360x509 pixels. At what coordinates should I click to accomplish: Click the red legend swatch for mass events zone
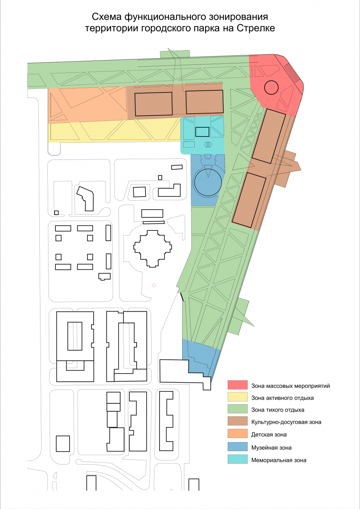tap(238, 385)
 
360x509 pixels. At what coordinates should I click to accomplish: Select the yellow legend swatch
tap(238, 397)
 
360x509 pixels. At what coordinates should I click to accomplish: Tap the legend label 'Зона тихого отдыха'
tap(278, 410)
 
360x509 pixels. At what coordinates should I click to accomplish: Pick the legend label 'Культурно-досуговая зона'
tap(286, 422)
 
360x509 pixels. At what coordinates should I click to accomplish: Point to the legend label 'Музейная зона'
tap(271, 448)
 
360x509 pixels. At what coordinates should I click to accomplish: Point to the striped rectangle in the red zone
tap(292, 72)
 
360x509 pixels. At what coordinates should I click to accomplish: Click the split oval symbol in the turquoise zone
tap(208, 145)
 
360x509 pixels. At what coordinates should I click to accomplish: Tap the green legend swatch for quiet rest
tap(238, 409)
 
